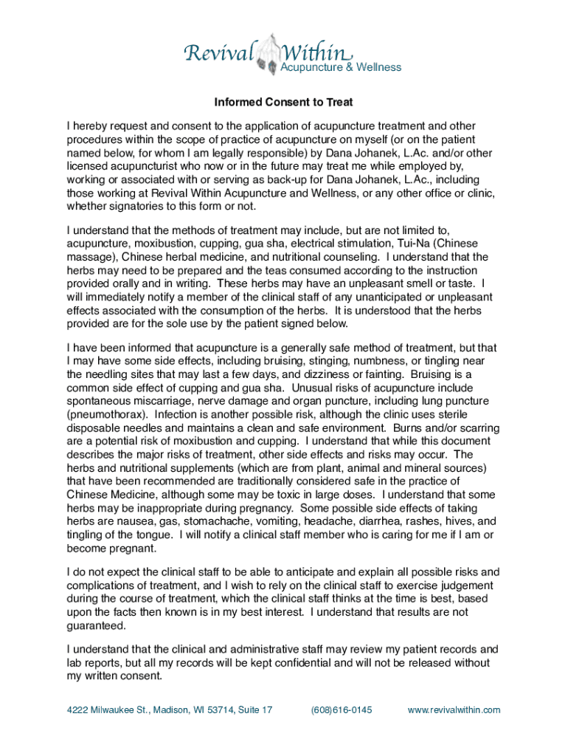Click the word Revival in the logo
point(218,53)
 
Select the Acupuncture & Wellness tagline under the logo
point(340,67)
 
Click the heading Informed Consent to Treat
point(284,102)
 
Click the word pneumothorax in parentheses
point(106,414)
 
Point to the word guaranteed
point(95,625)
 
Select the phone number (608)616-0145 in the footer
point(342,710)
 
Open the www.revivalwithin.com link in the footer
point(454,710)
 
